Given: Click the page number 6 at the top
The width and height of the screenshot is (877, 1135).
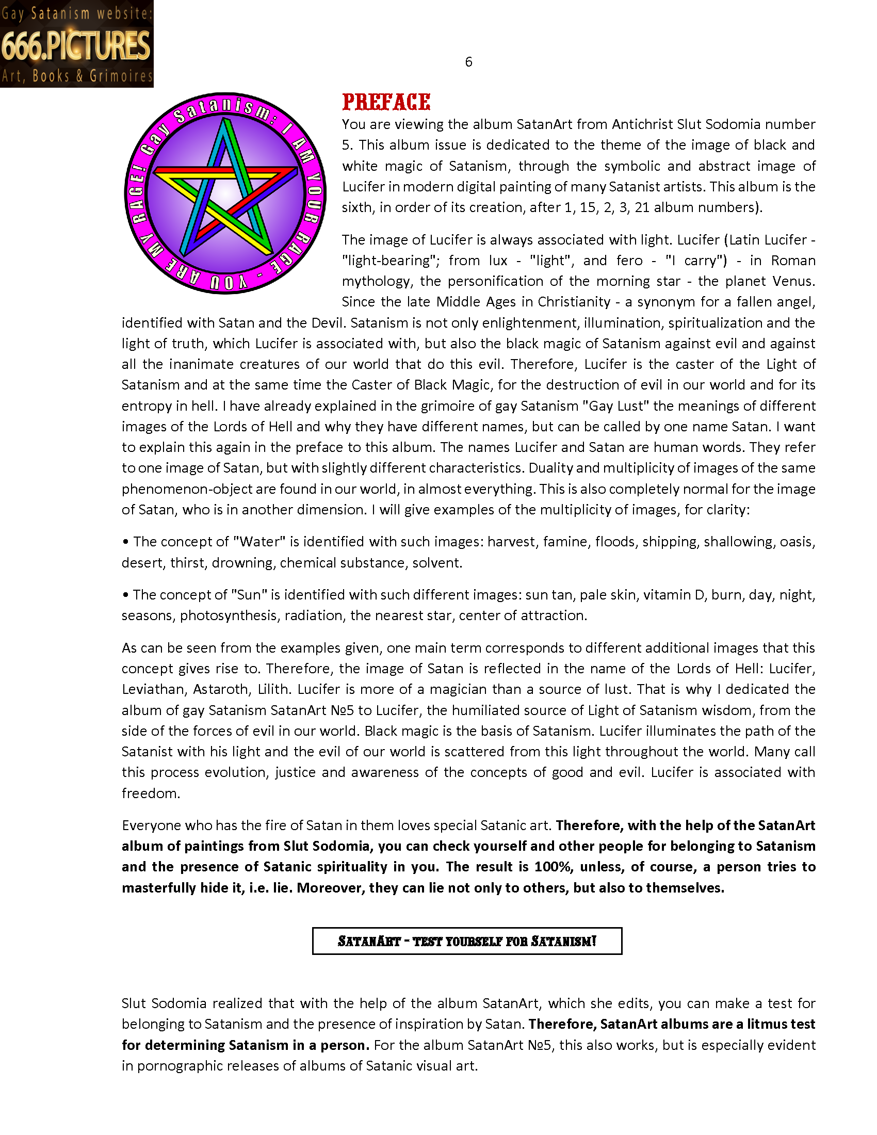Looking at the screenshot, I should (x=468, y=62).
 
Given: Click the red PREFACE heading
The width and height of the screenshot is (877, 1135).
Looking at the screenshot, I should (x=385, y=102).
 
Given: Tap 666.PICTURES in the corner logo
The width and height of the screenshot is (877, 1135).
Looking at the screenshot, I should (x=76, y=45).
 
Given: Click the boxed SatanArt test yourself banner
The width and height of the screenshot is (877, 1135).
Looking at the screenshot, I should (x=466, y=941).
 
